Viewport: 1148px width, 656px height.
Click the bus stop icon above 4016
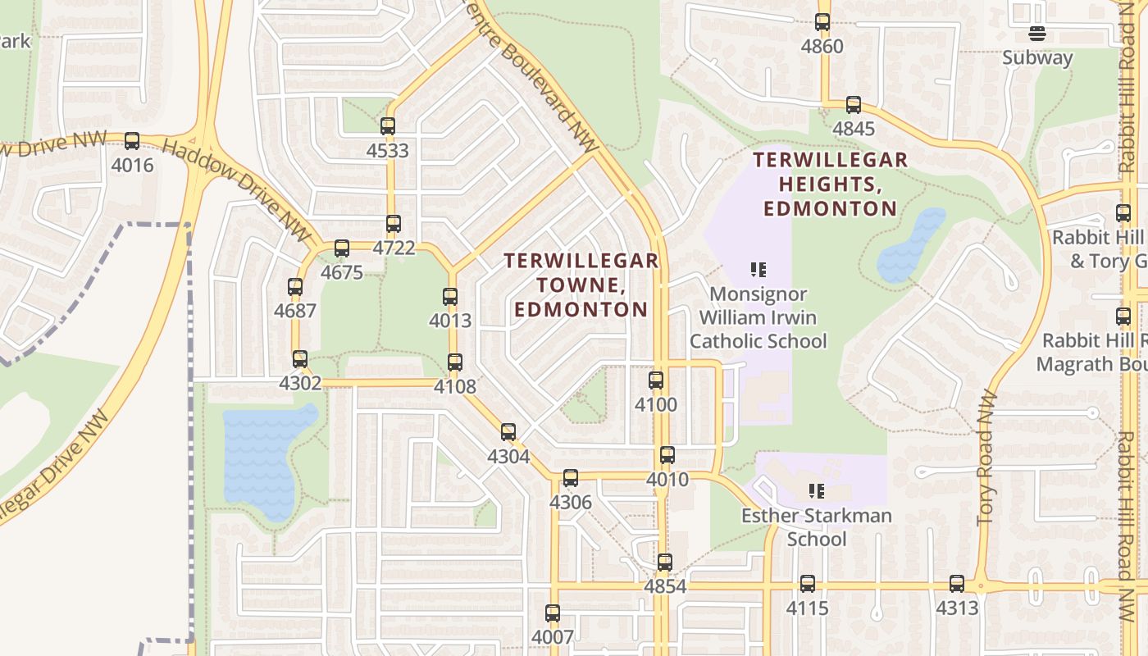[x=132, y=141]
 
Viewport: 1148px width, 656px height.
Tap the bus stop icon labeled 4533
[x=388, y=126]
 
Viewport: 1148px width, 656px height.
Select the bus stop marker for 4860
[x=822, y=22]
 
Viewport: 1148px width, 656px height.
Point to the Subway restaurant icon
[x=1037, y=34]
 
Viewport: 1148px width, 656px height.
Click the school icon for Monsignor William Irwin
[x=758, y=269]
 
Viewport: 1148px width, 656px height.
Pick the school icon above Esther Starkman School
[x=816, y=491]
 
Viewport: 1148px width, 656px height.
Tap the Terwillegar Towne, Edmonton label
[x=581, y=285]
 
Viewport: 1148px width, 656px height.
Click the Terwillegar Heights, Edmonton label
[x=831, y=184]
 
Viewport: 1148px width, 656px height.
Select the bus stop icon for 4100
[x=656, y=380]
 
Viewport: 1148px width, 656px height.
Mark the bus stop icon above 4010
[x=667, y=455]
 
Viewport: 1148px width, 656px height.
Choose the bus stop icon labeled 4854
[x=665, y=563]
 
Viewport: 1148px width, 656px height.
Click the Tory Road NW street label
[x=987, y=458]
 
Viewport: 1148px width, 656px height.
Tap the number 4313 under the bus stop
[x=957, y=608]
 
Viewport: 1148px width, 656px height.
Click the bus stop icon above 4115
[x=808, y=584]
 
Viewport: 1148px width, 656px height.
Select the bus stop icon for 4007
[x=553, y=613]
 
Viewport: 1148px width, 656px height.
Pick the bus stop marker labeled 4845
[x=854, y=105]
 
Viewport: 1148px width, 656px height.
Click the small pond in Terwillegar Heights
[x=910, y=244]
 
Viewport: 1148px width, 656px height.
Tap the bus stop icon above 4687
[x=295, y=287]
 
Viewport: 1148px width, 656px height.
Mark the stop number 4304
[x=508, y=457]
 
